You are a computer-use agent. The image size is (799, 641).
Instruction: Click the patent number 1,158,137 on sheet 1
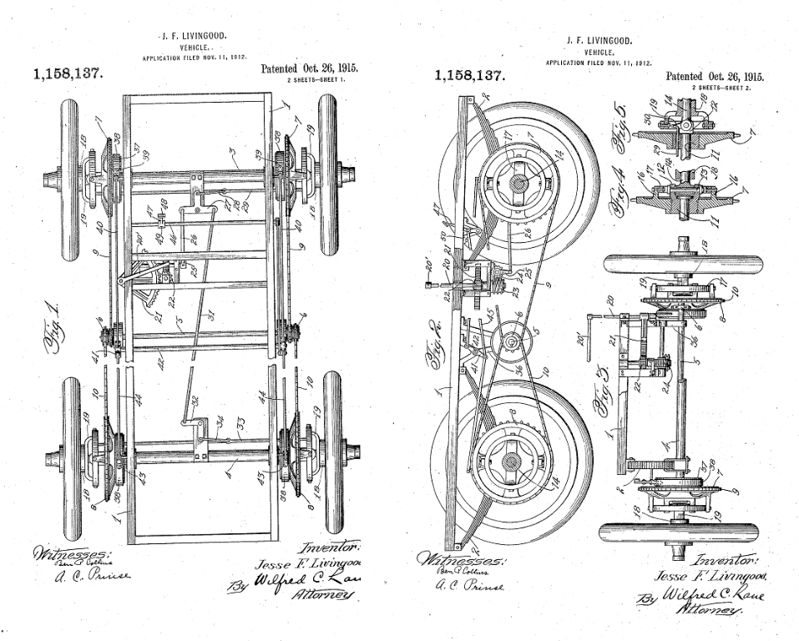tap(68, 73)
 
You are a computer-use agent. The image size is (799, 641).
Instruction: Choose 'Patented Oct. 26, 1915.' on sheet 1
tap(309, 68)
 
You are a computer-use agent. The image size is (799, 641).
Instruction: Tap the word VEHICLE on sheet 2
tap(599, 52)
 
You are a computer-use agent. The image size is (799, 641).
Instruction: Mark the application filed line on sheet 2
tap(598, 63)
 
